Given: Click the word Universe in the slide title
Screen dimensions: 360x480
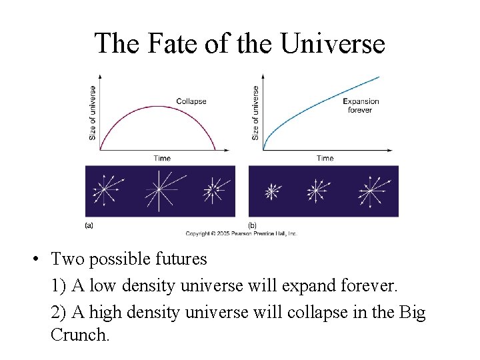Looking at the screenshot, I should [333, 44].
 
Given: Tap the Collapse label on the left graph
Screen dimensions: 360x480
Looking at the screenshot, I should [191, 101].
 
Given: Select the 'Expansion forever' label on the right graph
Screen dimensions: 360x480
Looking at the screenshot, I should [361, 105].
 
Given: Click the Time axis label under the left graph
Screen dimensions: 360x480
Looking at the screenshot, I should [162, 158].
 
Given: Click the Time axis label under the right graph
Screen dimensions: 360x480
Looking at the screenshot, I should [325, 158].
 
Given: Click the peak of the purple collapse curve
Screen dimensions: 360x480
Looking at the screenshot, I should [159, 105].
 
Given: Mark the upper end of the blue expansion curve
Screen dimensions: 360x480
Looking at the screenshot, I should [379, 77].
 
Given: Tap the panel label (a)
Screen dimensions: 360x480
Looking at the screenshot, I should [89, 225].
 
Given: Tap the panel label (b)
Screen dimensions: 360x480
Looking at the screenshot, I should [252, 225].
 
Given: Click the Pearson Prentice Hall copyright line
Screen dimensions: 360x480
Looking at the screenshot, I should [241, 233].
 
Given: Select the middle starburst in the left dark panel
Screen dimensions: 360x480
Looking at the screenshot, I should [159, 191].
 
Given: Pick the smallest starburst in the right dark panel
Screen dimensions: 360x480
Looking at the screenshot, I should [271, 191].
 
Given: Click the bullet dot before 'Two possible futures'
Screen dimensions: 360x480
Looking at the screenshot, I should [41, 259].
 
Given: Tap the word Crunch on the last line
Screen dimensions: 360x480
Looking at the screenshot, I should [79, 335].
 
